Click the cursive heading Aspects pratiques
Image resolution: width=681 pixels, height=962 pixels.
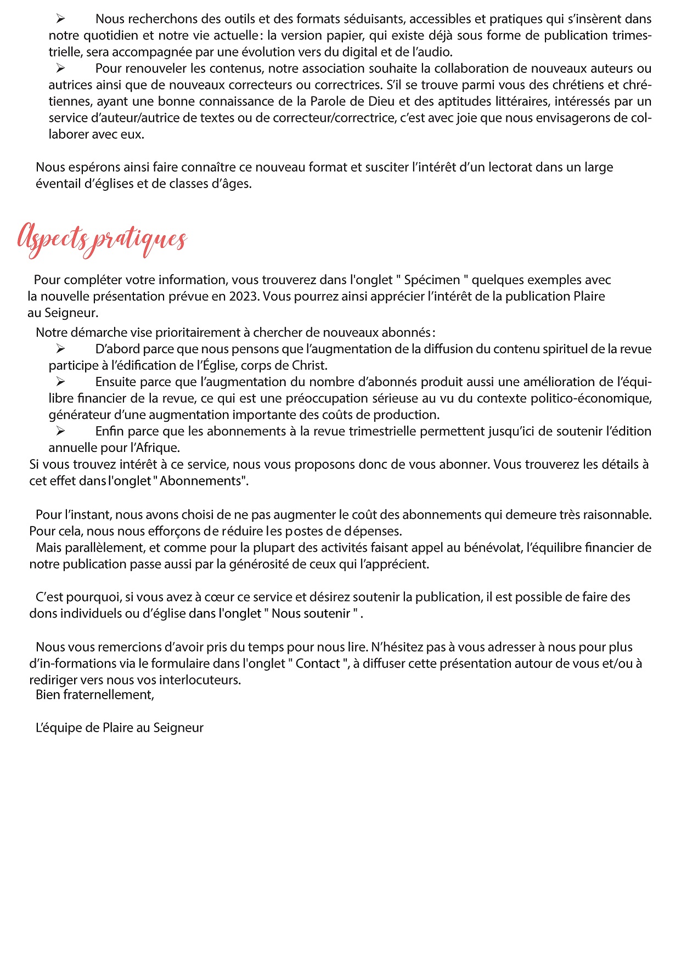point(102,240)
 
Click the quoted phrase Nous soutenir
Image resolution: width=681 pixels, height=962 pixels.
point(311,614)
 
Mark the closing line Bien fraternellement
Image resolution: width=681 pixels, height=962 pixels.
point(94,695)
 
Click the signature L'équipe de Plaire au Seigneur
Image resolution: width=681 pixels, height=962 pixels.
point(120,728)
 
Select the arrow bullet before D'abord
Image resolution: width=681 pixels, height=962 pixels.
point(60,349)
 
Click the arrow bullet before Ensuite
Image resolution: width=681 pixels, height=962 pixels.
point(60,382)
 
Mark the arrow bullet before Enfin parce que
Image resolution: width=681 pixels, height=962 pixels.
point(60,432)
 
